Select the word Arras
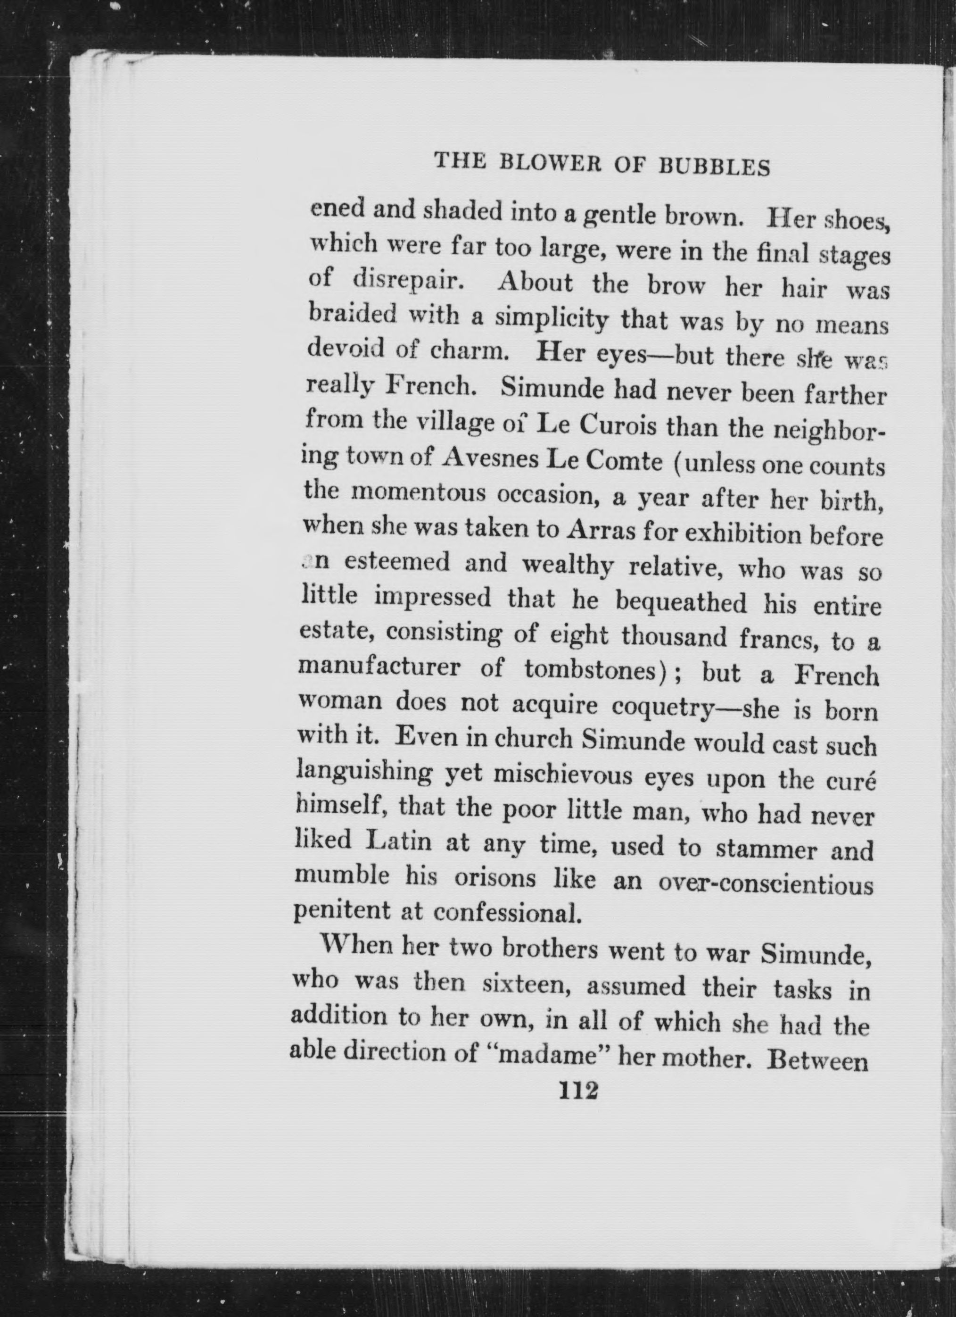[x=600, y=530]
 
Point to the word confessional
[x=507, y=913]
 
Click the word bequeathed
[x=680, y=603]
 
